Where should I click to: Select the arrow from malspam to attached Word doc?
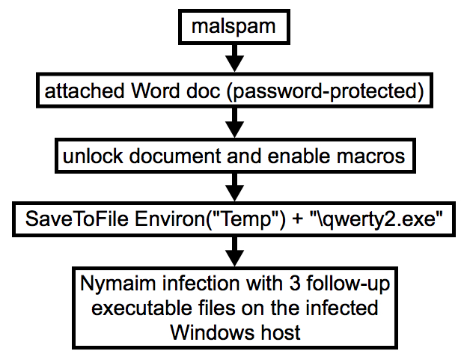pyautogui.click(x=235, y=57)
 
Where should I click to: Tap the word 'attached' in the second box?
pyautogui.click(x=76, y=92)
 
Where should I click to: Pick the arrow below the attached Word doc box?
pyautogui.click(x=235, y=120)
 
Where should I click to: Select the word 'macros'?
pyautogui.click(x=369, y=158)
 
